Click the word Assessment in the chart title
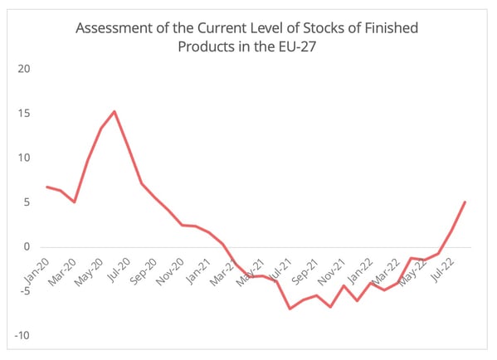click(114, 29)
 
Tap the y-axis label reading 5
click(27, 202)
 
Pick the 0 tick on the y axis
click(27, 247)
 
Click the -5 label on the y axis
click(25, 292)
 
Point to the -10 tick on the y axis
click(23, 336)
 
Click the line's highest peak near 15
click(115, 111)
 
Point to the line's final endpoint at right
click(465, 202)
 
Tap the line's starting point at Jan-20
click(46, 187)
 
